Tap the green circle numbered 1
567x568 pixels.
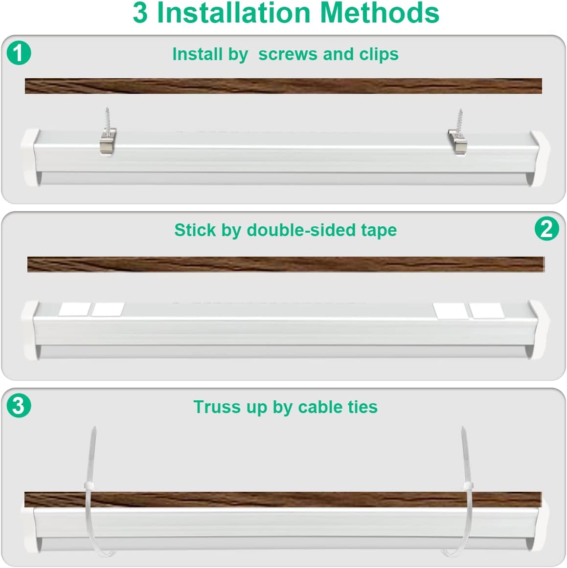pos(19,53)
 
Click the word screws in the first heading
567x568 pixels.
pos(288,54)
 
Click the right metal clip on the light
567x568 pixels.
pos(457,142)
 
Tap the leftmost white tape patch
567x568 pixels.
pos(74,309)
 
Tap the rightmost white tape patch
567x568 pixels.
pos(486,310)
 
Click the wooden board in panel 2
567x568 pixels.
pos(285,264)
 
